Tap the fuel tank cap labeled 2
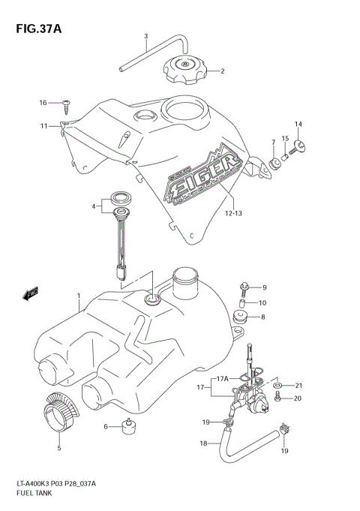[184, 72]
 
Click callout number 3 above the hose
[146, 36]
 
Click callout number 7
[273, 143]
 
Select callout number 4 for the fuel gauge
[95, 206]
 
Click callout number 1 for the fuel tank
[78, 296]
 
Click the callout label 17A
[221, 379]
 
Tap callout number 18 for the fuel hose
[202, 443]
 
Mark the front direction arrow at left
[31, 293]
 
